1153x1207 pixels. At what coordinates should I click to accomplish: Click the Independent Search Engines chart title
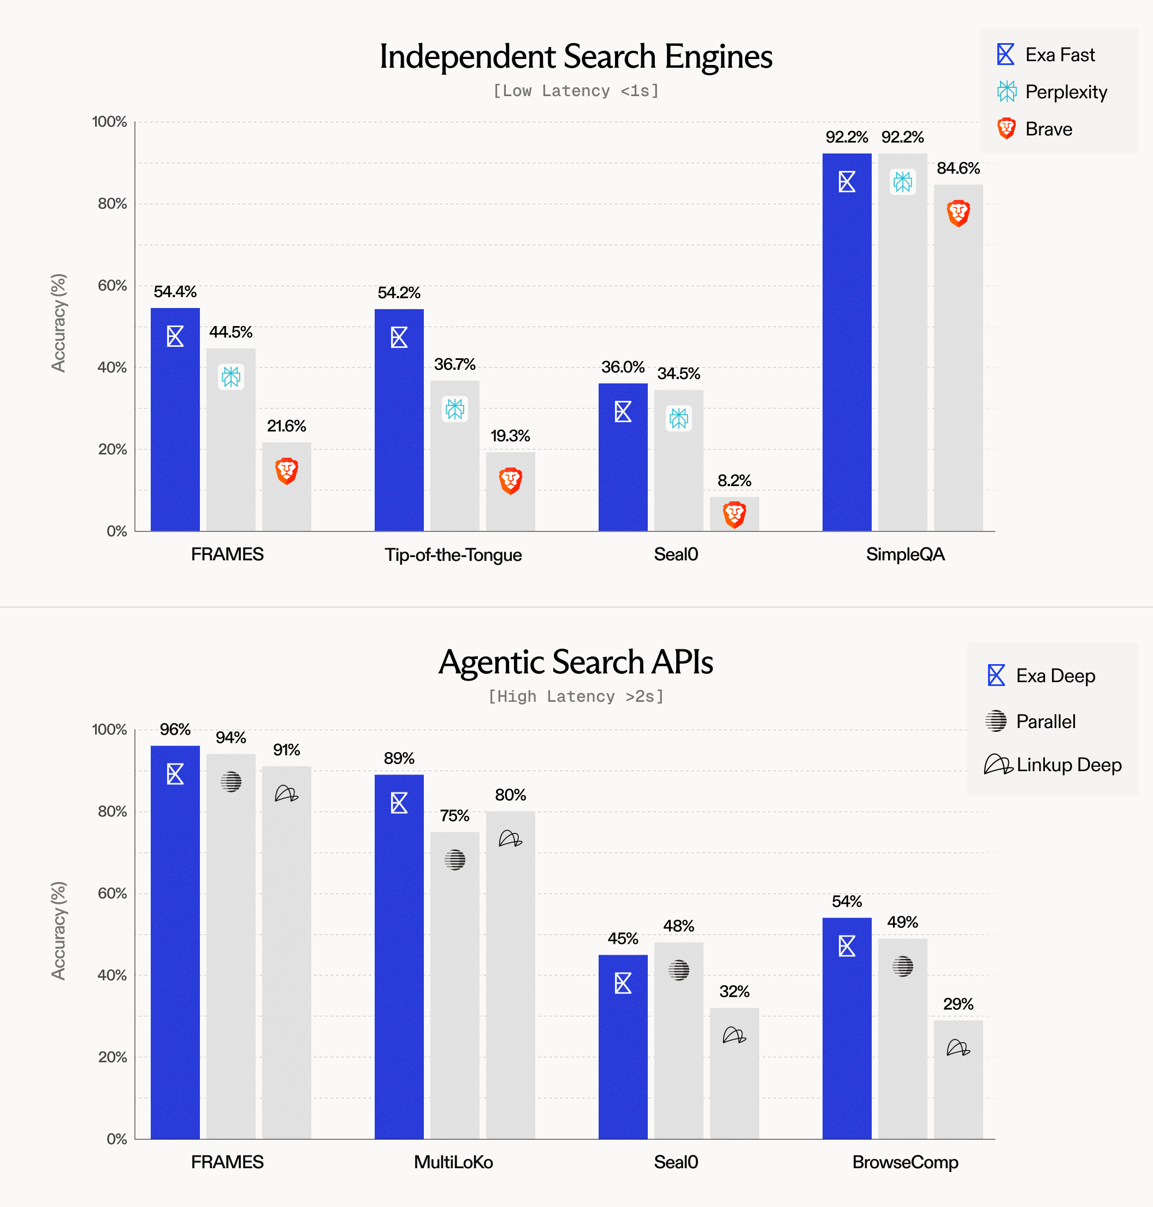pos(576,57)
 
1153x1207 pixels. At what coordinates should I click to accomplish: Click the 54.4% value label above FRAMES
pos(175,292)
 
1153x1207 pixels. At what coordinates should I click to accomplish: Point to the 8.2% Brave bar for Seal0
pos(734,514)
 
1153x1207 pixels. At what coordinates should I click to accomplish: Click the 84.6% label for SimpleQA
pos(958,168)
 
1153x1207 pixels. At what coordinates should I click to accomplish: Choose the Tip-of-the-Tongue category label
pos(453,555)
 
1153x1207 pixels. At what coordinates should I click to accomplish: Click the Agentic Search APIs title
pos(576,662)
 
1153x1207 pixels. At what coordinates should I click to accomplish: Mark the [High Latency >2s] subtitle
pos(576,696)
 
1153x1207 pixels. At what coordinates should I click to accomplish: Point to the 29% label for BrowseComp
pos(958,1004)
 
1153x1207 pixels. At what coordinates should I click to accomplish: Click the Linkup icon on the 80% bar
pos(510,838)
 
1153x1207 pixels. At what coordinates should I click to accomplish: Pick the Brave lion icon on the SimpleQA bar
pos(958,213)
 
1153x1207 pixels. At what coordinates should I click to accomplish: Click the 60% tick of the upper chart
pos(113,286)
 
